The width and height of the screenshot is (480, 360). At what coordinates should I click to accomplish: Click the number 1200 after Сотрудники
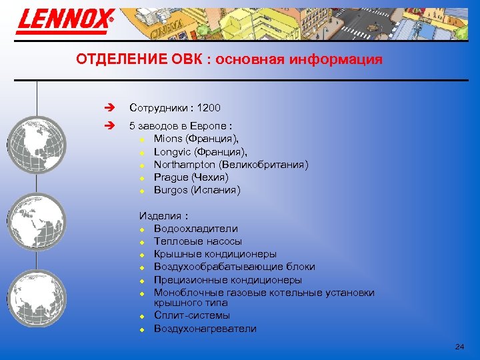click(x=209, y=108)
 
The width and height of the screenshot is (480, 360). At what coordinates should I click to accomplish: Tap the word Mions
click(x=167, y=139)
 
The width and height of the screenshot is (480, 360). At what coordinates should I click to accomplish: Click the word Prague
click(x=171, y=177)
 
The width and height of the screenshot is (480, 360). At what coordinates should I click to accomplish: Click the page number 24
click(x=459, y=347)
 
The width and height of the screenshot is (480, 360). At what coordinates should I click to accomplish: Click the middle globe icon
click(x=37, y=221)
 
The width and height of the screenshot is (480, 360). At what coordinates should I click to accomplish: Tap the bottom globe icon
click(x=37, y=298)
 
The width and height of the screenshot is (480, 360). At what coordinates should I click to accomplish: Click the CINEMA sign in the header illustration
click(x=161, y=31)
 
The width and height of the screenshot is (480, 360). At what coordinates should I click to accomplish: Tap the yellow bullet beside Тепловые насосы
click(x=142, y=242)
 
